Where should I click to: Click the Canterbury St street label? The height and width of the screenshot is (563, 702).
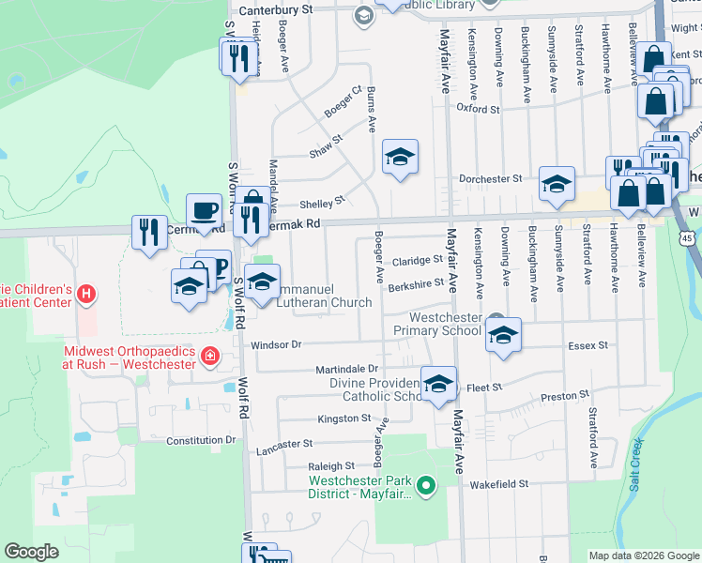click(275, 9)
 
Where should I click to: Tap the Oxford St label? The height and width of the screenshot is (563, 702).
click(478, 109)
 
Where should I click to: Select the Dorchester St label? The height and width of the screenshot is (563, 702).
click(490, 178)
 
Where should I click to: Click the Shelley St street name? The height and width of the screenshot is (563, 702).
click(323, 203)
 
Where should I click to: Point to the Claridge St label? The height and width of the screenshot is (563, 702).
click(418, 260)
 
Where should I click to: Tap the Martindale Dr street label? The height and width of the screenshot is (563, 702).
click(346, 369)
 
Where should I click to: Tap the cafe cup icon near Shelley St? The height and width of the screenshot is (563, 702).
click(204, 209)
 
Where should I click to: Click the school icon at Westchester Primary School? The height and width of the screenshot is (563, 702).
click(504, 336)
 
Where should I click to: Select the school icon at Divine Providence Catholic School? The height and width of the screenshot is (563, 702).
click(438, 383)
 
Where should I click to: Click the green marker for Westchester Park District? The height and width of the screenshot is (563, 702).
click(426, 485)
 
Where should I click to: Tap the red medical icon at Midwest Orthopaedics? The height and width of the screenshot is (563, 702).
click(208, 355)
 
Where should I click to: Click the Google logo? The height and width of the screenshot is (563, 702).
click(32, 552)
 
